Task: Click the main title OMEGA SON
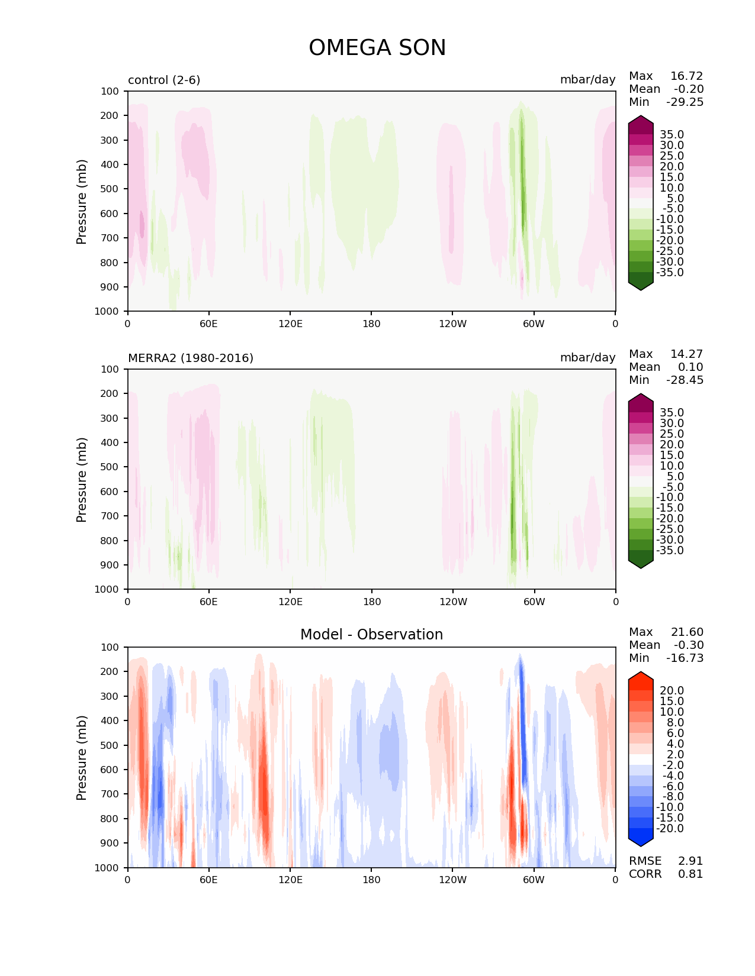(377, 48)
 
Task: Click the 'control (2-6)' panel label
(164, 80)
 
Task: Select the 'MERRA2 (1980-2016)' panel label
(191, 358)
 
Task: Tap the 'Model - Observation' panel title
(371, 635)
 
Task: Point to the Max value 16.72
(686, 76)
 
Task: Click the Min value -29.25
(685, 102)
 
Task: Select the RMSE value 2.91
(690, 861)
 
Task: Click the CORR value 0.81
(690, 874)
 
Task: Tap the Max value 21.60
(687, 632)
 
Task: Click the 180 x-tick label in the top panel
(371, 324)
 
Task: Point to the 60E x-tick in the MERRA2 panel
(208, 602)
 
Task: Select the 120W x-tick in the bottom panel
(452, 880)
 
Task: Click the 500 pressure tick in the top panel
(111, 189)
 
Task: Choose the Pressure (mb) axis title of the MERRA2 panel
(82, 479)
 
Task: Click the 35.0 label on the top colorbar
(672, 135)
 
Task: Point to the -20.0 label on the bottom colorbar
(669, 829)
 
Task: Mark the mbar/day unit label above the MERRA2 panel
(587, 358)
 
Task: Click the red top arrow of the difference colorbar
(641, 680)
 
